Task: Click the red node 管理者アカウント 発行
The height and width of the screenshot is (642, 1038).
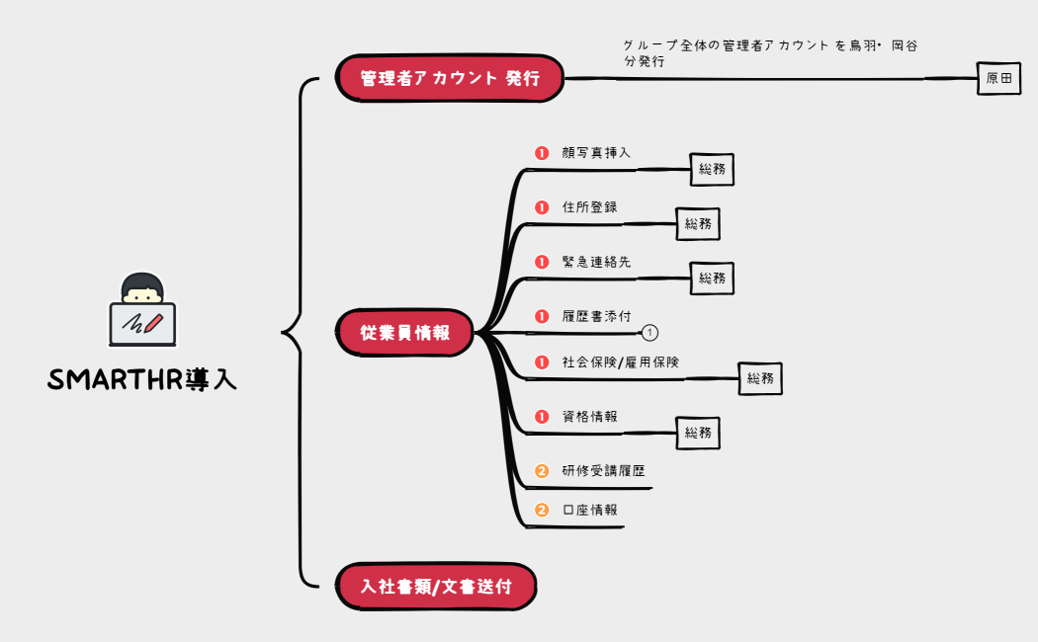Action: pyautogui.click(x=450, y=78)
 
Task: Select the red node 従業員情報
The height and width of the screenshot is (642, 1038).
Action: pyautogui.click(x=405, y=333)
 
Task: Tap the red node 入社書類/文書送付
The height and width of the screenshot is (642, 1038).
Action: pyautogui.click(x=436, y=587)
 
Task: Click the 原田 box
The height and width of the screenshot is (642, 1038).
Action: pyautogui.click(x=998, y=78)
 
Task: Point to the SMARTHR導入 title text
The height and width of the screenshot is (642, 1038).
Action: pyautogui.click(x=142, y=380)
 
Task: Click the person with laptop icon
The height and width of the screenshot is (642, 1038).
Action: pyautogui.click(x=142, y=309)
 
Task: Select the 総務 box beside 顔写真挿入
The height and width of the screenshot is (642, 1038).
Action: pyautogui.click(x=712, y=169)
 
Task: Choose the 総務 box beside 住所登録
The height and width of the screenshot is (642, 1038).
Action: pyautogui.click(x=698, y=223)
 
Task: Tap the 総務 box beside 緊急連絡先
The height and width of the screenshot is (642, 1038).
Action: pyautogui.click(x=712, y=278)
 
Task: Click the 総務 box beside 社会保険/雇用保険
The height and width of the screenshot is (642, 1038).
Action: pyautogui.click(x=760, y=377)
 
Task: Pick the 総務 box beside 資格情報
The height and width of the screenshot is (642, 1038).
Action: pyautogui.click(x=698, y=432)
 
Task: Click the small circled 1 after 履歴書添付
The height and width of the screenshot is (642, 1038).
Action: pyautogui.click(x=650, y=333)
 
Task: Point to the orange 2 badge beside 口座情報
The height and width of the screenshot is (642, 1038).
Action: pyautogui.click(x=542, y=511)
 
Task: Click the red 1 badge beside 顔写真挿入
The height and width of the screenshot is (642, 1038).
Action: pyautogui.click(x=542, y=153)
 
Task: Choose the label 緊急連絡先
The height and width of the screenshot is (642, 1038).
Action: pyautogui.click(x=596, y=262)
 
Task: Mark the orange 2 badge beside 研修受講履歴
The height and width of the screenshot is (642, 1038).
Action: pyautogui.click(x=542, y=471)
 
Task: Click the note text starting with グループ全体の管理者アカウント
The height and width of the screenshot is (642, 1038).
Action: pyautogui.click(x=771, y=53)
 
